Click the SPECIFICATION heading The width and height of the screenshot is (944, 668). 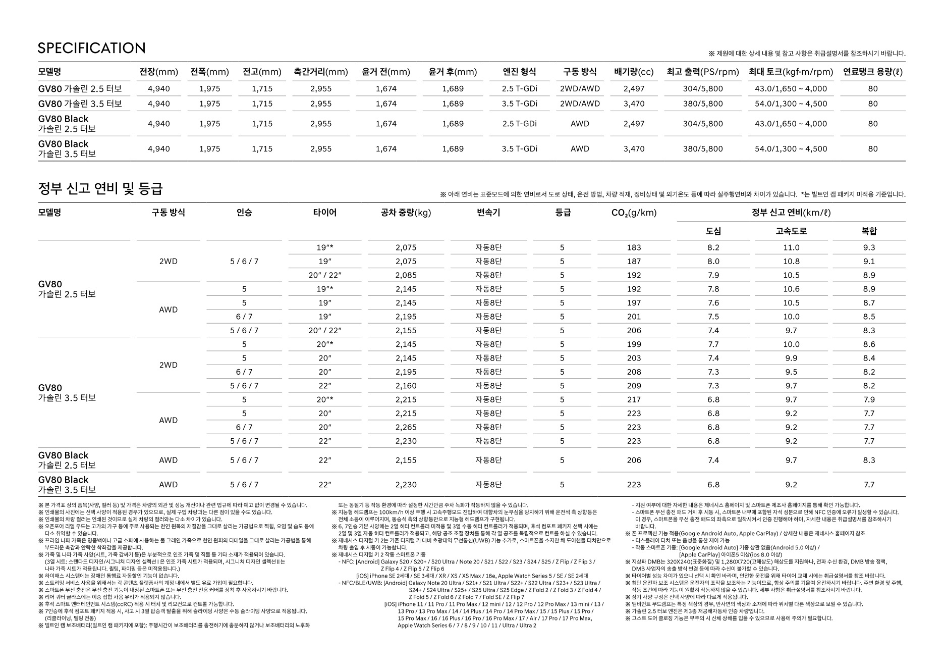pos(91,48)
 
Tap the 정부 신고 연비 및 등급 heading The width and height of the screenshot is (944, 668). pos(100,189)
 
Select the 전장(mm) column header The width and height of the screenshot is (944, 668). pos(158,72)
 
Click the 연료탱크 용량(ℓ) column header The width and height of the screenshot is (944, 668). pos(873,72)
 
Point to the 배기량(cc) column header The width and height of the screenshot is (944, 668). pos(634,72)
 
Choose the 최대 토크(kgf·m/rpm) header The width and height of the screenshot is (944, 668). pos(791,72)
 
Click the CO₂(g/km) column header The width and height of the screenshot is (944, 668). pos(634,213)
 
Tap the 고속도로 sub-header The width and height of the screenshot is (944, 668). pos(791,231)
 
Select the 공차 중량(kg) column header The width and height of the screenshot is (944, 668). pos(406,213)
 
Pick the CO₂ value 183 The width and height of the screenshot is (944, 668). pos(634,247)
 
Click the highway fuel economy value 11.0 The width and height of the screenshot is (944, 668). pos(791,247)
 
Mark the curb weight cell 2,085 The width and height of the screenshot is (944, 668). pos(406,275)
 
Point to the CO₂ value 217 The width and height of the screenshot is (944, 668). pos(634,399)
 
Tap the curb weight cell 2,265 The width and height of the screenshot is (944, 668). pos(406,427)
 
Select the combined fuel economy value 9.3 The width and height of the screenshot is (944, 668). pos(869,247)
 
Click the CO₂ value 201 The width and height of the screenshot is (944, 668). pos(634,317)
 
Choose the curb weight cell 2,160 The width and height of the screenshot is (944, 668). pos(406,386)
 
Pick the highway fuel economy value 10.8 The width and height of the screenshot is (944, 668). pos(791,262)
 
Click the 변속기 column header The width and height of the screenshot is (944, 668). pos(488,213)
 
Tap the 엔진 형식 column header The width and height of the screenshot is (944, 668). pos(519,72)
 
